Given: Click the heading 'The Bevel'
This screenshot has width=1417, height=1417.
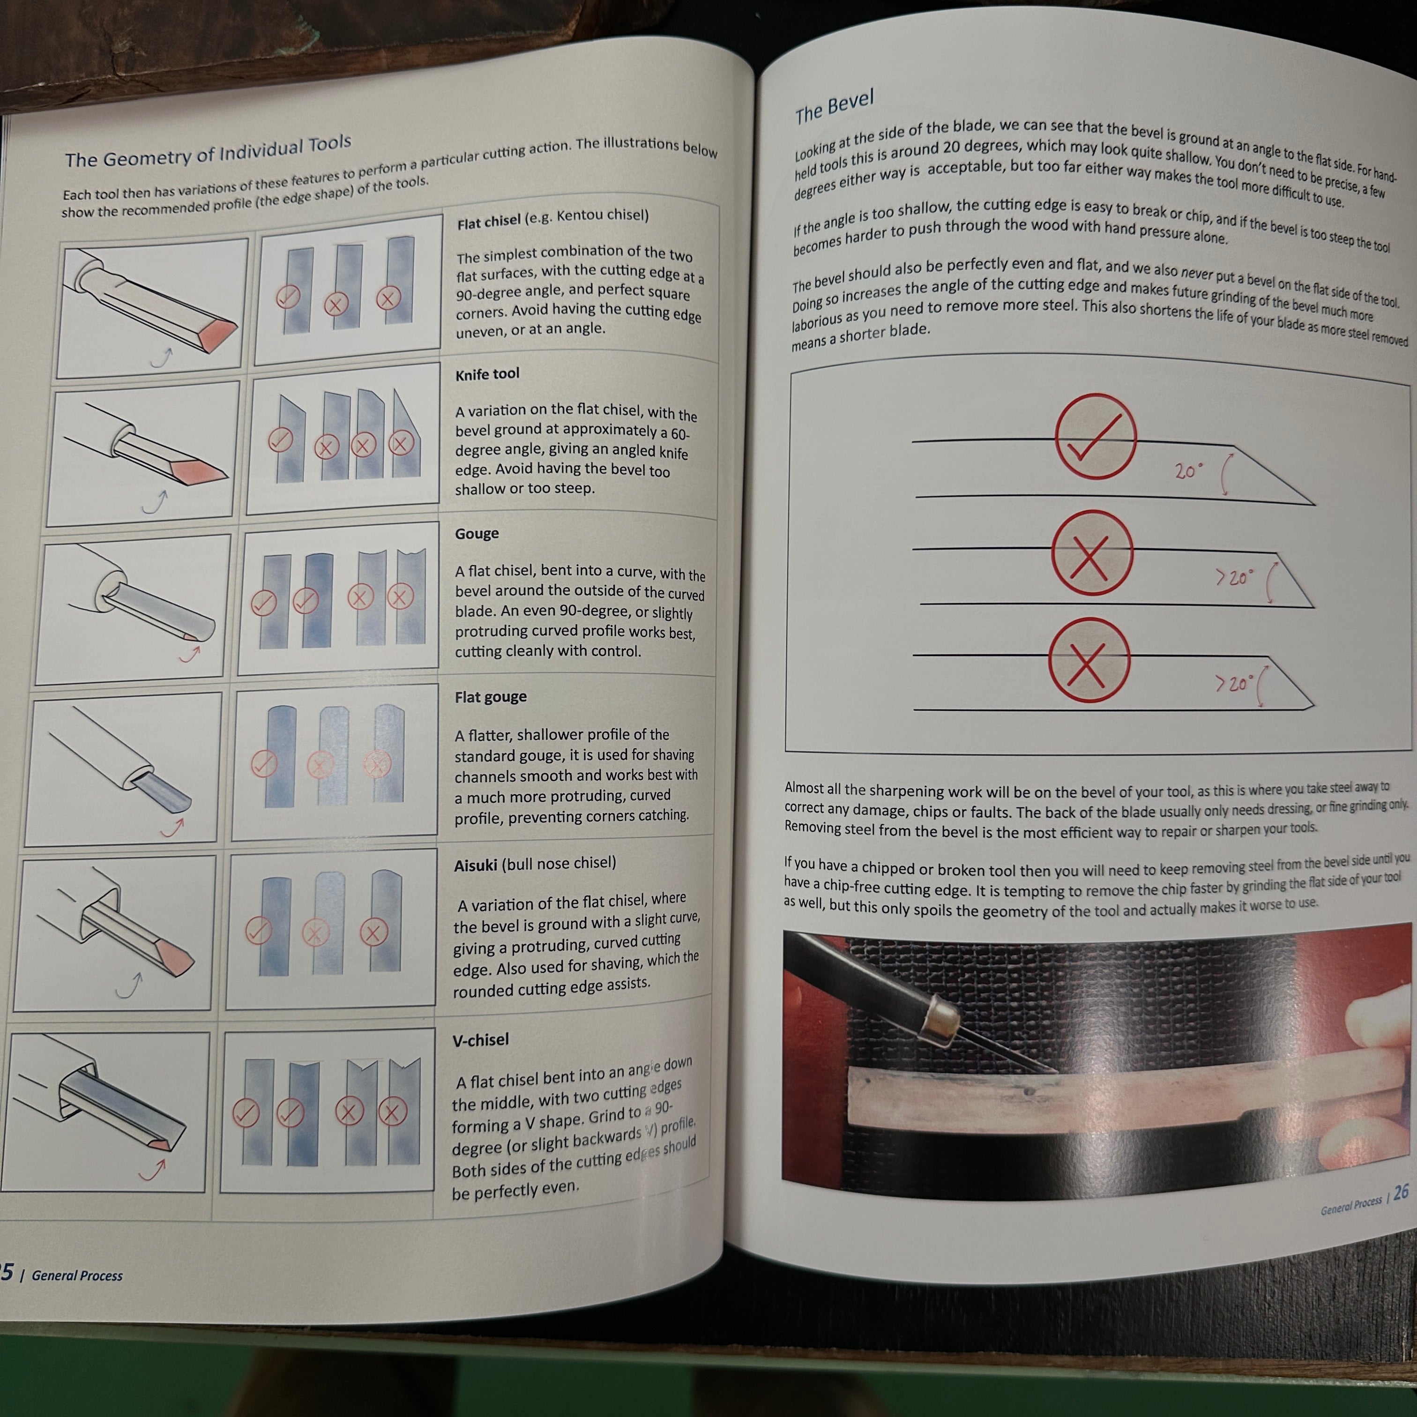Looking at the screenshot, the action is tap(834, 107).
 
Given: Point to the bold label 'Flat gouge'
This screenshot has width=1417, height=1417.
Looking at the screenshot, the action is tap(491, 697).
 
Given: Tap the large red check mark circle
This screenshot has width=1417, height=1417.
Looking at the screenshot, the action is tap(1096, 436).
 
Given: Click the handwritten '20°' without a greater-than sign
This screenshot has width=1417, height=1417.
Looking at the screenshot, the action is tap(1188, 470).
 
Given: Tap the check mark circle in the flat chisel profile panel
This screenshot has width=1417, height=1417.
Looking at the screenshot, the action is tap(288, 297).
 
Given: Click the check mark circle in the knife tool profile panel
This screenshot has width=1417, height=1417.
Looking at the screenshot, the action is tap(280, 440).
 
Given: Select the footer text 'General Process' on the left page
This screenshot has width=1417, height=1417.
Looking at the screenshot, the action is tap(77, 1275).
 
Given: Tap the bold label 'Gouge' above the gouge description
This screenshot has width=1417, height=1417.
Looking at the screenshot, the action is tap(477, 533).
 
